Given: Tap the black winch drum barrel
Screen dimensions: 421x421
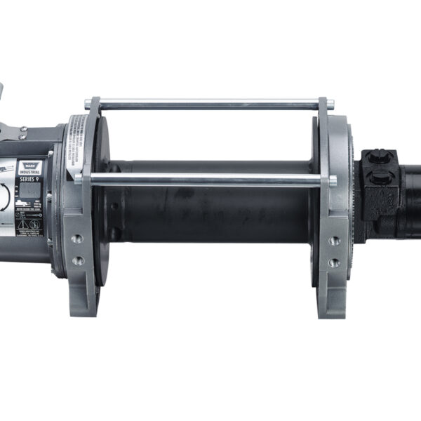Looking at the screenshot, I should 210,218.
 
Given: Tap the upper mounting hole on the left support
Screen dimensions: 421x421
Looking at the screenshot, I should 76,239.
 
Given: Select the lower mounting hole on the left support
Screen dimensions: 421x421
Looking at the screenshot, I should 77,260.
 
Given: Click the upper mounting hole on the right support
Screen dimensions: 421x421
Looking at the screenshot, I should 335,240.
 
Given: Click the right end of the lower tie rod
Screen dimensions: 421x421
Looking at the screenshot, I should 332,180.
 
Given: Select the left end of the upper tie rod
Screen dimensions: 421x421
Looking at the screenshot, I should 88,105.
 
